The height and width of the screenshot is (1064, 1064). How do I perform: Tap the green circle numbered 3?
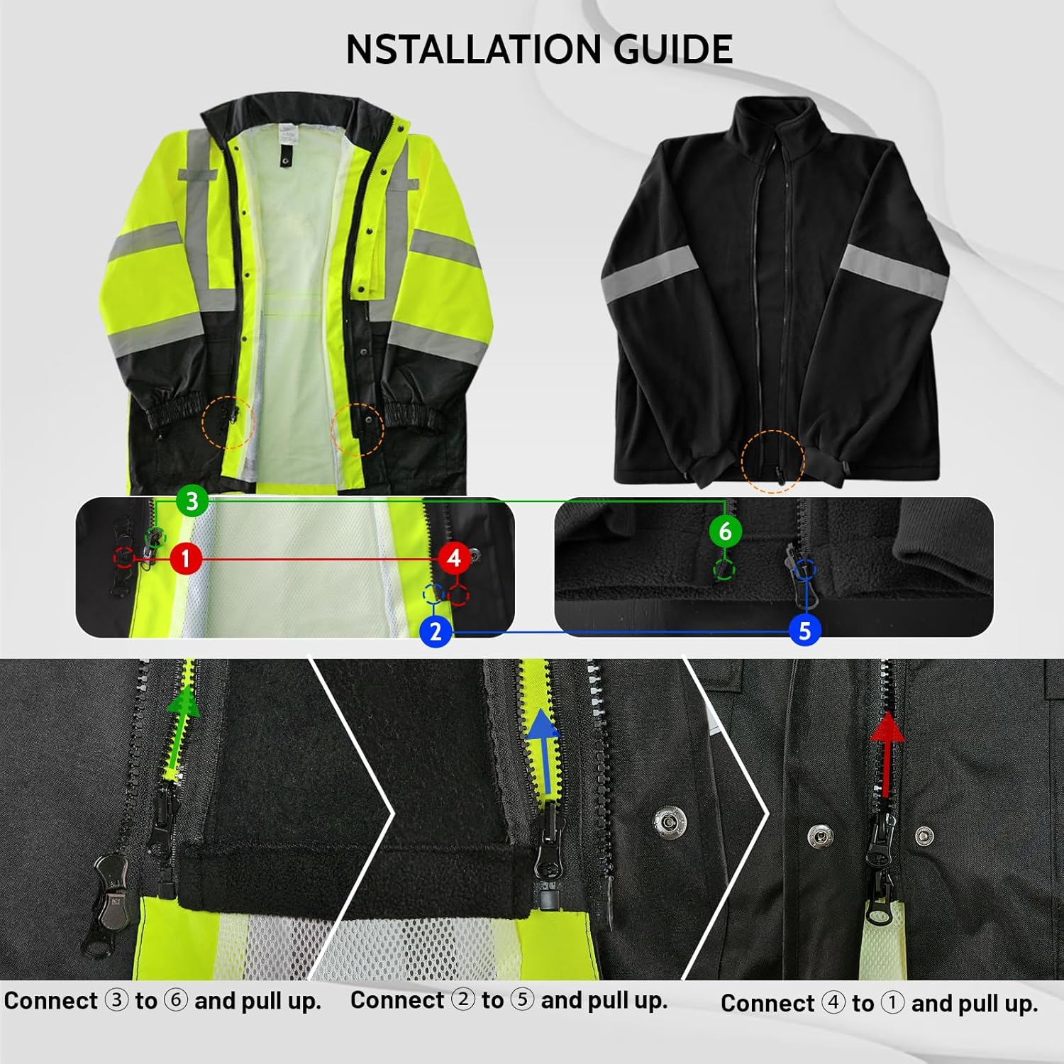coord(192,501)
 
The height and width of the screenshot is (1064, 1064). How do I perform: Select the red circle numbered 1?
coord(186,558)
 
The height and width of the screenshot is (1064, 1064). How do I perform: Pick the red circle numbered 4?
coord(454,558)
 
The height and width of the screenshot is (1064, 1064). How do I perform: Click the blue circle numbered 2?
coord(436,631)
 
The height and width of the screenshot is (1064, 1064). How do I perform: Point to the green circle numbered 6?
coord(724,531)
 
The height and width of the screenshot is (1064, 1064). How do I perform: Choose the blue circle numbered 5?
coord(804,631)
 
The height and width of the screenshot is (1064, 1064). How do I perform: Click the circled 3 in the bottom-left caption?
coord(116,1001)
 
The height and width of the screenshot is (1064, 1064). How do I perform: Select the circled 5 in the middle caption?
coord(522,1000)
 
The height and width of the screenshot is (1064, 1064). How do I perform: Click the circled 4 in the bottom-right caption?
coord(833,1003)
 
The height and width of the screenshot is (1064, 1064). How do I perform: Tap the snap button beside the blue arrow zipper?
coord(668,821)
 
